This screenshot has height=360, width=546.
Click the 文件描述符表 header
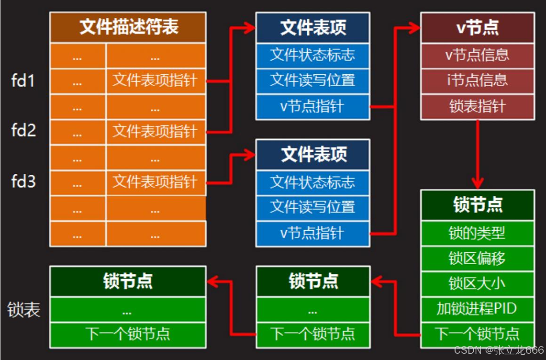click(x=128, y=27)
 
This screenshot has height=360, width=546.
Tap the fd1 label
click(x=23, y=80)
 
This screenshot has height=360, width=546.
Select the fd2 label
click(x=23, y=130)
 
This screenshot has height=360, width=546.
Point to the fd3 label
click(x=23, y=181)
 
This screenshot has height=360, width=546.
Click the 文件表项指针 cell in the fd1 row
click(x=155, y=80)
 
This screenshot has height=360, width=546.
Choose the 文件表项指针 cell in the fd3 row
click(x=155, y=182)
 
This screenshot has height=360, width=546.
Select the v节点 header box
click(x=477, y=27)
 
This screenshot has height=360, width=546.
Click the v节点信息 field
click(x=477, y=55)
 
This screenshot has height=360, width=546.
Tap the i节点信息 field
click(x=477, y=80)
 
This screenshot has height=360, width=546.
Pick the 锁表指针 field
click(x=477, y=106)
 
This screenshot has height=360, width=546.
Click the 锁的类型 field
click(x=477, y=233)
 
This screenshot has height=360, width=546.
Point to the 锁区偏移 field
click(x=477, y=259)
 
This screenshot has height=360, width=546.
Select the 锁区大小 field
click(x=477, y=283)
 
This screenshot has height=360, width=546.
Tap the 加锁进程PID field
click(x=477, y=309)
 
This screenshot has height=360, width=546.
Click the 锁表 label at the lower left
click(x=23, y=310)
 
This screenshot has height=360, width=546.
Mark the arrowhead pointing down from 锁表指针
click(x=477, y=183)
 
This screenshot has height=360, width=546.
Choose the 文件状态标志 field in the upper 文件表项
click(x=312, y=55)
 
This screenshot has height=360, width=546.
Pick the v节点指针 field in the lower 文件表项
click(x=312, y=233)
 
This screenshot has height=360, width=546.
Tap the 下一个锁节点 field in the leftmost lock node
click(x=128, y=334)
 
